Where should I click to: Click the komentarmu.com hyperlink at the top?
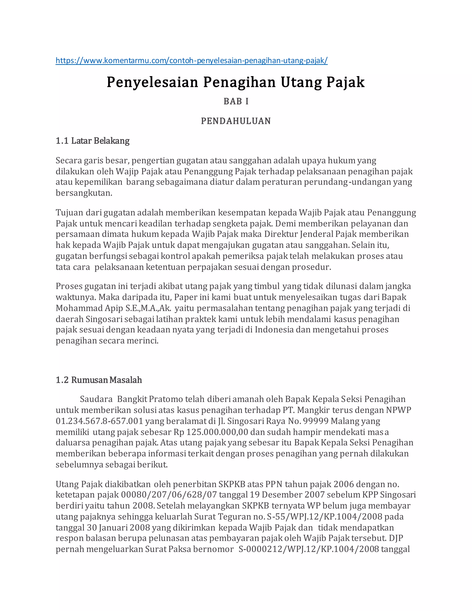coord(191,60)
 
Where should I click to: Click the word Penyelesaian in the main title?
coord(152,82)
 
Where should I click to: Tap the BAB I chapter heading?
coord(236,101)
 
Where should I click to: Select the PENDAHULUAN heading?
coord(236,121)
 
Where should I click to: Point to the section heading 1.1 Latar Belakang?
coord(93,140)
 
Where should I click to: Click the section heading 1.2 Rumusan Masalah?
coord(99,380)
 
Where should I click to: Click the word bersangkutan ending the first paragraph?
coord(84,193)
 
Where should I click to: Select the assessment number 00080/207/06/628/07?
coord(169,495)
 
